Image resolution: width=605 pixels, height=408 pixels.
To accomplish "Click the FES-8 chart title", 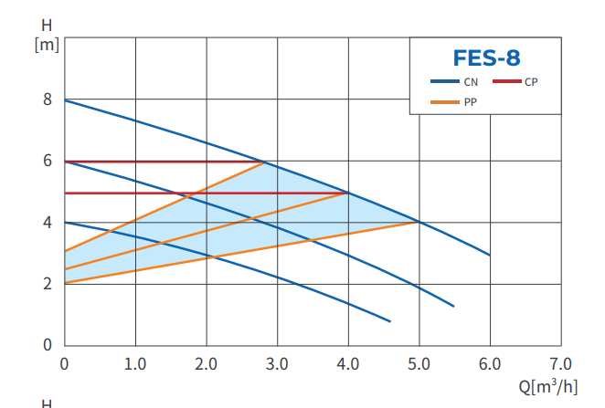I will tap(486, 58).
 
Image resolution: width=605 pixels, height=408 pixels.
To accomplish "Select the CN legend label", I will tap(471, 82).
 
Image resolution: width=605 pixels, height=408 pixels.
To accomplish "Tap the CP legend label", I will tap(531, 82).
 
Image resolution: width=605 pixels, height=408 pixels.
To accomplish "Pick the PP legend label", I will tap(471, 101).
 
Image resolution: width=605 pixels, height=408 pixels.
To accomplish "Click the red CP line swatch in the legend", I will tap(506, 82).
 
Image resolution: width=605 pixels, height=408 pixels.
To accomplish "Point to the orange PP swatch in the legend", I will tap(445, 101).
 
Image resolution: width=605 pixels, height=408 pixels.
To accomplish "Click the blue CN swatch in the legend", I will tap(445, 82).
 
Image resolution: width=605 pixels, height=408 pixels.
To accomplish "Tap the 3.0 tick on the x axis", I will tap(277, 363).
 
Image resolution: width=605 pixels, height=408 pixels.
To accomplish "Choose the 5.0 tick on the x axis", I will tap(419, 363).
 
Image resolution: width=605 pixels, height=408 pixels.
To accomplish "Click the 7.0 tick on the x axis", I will tap(560, 363).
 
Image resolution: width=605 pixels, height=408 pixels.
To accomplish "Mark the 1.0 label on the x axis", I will tap(135, 363).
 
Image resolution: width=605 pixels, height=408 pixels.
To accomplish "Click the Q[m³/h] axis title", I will tap(548, 386).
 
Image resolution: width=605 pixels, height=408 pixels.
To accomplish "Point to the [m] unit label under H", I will tap(46, 45).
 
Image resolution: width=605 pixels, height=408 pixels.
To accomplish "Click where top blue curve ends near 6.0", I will tap(490, 255).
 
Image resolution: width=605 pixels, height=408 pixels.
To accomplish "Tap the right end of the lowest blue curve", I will tap(390, 321).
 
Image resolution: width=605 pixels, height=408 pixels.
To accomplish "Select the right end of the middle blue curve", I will tap(454, 306).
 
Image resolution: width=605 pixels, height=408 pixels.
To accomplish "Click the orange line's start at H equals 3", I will tap(66, 251).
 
